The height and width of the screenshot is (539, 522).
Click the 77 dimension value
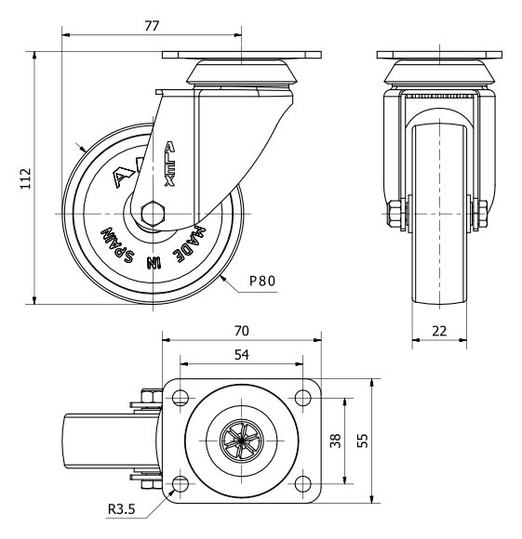(152, 26)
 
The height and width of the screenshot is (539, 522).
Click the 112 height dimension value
(26, 178)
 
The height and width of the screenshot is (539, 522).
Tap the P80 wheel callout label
(262, 282)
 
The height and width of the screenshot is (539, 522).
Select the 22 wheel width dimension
(439, 331)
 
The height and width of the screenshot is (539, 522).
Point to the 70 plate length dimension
(242, 331)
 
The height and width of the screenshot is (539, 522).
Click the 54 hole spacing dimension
(242, 355)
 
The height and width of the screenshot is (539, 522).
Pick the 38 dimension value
(336, 440)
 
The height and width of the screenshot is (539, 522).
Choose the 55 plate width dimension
(362, 440)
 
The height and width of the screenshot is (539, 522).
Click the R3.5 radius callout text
(122, 508)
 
